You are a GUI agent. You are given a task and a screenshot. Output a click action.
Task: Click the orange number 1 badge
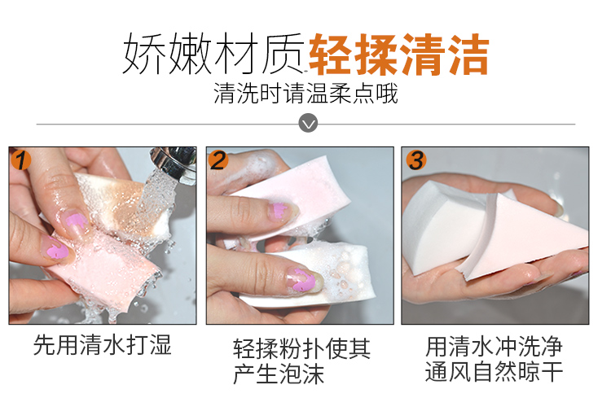click(21, 160)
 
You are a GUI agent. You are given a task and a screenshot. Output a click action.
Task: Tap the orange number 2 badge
click(218, 160)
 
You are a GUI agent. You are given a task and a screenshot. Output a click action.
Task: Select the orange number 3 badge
click(416, 160)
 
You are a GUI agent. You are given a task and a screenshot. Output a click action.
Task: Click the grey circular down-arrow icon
click(308, 123)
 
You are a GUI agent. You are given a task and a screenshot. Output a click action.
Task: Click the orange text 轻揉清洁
click(398, 54)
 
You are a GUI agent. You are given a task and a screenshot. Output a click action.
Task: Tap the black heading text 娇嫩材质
click(213, 54)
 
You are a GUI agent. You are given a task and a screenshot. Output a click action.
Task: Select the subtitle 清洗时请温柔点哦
click(305, 94)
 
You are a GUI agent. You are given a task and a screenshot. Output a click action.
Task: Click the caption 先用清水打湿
click(103, 345)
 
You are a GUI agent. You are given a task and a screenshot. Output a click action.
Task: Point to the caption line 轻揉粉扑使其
click(301, 348)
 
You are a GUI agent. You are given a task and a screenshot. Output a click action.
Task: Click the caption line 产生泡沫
click(279, 374)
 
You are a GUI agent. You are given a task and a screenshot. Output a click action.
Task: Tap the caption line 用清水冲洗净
click(494, 347)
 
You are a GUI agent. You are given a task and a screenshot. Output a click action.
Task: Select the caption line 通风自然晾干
click(494, 372)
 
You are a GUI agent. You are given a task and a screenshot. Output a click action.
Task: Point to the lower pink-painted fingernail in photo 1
click(56, 250)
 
